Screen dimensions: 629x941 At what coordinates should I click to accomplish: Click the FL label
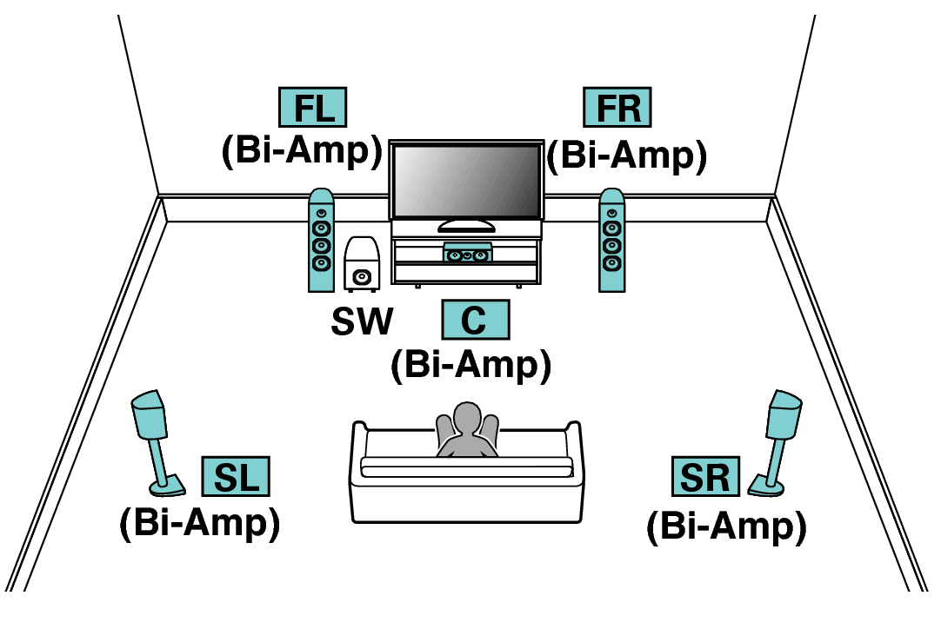point(312,108)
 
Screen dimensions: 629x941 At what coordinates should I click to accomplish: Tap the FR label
point(617,108)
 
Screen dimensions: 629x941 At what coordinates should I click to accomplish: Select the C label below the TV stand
point(475,320)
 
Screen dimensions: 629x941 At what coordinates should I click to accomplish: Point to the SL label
point(236,477)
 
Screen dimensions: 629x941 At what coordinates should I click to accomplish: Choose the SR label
point(705,477)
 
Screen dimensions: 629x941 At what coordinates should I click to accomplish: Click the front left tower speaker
point(321,241)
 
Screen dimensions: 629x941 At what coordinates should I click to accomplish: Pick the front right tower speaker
point(611,241)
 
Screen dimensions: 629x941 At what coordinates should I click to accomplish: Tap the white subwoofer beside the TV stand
point(362,262)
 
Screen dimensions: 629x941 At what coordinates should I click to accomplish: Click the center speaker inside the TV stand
point(467,254)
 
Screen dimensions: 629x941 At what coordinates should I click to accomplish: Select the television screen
point(466,181)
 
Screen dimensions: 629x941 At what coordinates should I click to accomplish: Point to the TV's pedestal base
point(466,227)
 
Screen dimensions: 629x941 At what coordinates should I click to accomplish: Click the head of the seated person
point(467,417)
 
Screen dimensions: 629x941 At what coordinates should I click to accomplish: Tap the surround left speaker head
point(150,416)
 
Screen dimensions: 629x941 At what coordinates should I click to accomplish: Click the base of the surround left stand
point(168,486)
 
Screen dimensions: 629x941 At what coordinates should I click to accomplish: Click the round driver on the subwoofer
point(362,277)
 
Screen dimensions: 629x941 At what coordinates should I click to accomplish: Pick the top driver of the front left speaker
point(321,213)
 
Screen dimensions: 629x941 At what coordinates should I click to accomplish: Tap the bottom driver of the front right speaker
point(611,262)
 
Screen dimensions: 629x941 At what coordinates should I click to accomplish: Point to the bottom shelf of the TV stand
point(466,273)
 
